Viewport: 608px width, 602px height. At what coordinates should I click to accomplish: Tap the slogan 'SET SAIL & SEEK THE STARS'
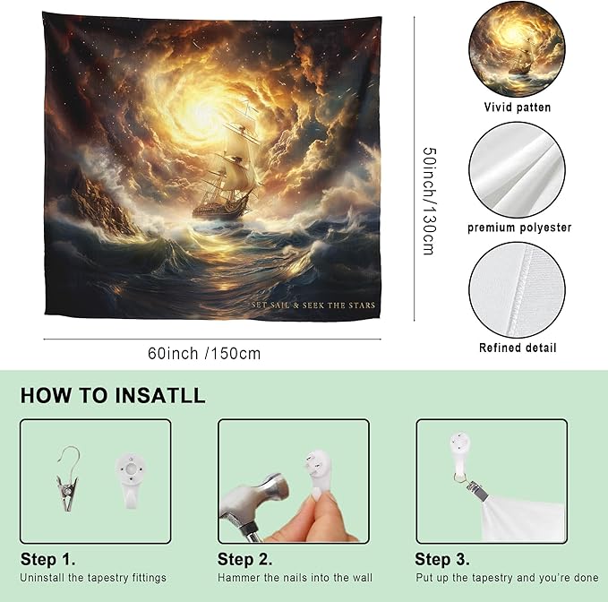coord(313,305)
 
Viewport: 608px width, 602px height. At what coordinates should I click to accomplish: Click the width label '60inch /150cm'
coord(204,354)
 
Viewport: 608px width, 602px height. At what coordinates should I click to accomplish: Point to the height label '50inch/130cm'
coord(429,201)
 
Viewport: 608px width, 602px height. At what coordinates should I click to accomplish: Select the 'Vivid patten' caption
coord(517,107)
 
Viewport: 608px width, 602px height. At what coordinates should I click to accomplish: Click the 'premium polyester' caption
coord(519,228)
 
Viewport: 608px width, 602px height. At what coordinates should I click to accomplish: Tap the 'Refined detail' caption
coord(518,348)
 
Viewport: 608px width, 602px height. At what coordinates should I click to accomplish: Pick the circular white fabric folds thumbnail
coord(517,170)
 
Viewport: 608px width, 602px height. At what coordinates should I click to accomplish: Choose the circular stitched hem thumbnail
coord(517,290)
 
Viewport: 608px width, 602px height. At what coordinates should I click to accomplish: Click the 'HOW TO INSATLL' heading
coord(113,396)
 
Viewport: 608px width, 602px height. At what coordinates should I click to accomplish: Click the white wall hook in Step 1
coord(131,480)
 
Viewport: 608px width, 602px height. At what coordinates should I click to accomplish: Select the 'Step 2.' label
coord(244,559)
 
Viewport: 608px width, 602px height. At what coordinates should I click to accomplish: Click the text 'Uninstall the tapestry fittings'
coord(93,578)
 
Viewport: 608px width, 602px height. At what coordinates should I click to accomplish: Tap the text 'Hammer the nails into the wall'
coord(295,578)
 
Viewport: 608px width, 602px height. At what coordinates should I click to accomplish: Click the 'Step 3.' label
coord(442,559)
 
